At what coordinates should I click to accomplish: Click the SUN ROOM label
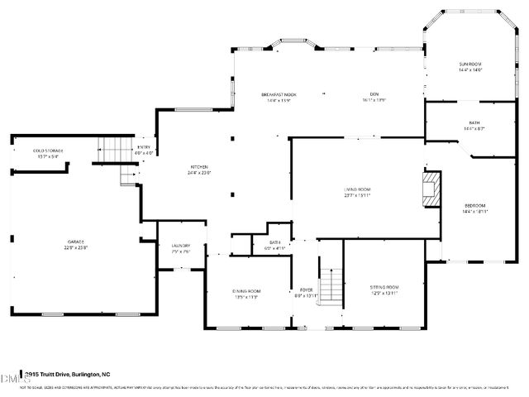pyautogui.click(x=470, y=64)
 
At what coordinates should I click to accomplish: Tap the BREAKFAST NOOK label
pyautogui.click(x=279, y=95)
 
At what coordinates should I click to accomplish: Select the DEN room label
pyautogui.click(x=374, y=95)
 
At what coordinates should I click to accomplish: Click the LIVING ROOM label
pyautogui.click(x=357, y=190)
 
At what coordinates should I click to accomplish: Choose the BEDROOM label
pyautogui.click(x=474, y=205)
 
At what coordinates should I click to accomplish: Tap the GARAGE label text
pyautogui.click(x=76, y=241)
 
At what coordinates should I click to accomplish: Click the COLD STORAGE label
pyautogui.click(x=48, y=151)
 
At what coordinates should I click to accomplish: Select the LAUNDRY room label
pyautogui.click(x=181, y=246)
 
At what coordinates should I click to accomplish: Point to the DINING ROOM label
pyautogui.click(x=246, y=291)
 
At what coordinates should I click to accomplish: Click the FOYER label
pyautogui.click(x=306, y=290)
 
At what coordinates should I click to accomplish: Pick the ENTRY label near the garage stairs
pyautogui.click(x=145, y=147)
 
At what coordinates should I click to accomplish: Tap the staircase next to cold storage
pyautogui.click(x=112, y=151)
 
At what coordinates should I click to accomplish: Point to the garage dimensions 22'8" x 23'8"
pyautogui.click(x=76, y=247)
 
